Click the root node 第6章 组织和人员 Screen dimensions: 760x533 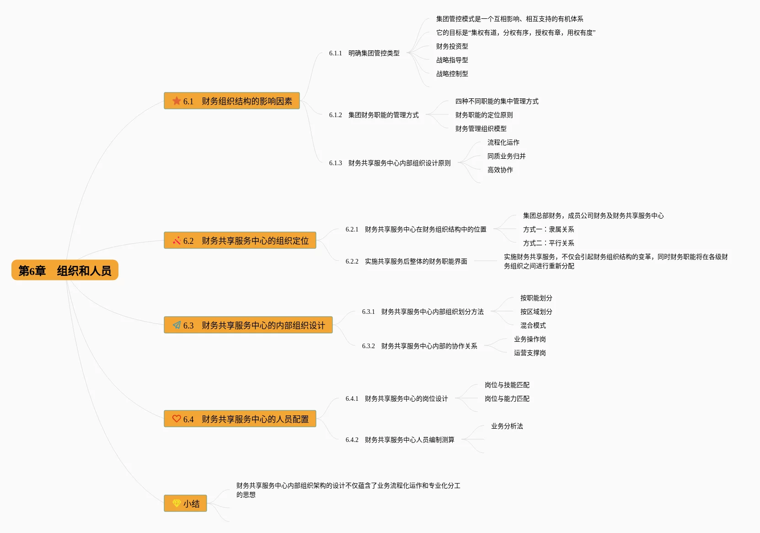click(65, 270)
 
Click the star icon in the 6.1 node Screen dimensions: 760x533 click(177, 101)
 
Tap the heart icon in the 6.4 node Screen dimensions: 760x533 click(177, 419)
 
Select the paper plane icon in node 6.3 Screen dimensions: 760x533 click(177, 325)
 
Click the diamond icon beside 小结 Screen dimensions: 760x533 click(177, 503)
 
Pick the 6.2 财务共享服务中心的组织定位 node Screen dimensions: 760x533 click(240, 241)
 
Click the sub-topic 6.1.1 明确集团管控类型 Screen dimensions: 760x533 click(364, 53)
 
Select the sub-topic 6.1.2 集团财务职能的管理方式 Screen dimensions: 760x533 click(374, 115)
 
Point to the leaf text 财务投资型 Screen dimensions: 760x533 click(452, 46)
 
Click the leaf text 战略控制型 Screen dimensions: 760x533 click(452, 74)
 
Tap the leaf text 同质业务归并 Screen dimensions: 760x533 click(506, 156)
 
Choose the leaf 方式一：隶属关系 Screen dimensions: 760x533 click(548, 229)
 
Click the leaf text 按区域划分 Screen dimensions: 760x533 click(536, 312)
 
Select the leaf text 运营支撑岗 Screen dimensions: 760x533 click(530, 353)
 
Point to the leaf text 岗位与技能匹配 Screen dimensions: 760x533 click(507, 385)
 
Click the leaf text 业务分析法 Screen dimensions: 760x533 click(507, 426)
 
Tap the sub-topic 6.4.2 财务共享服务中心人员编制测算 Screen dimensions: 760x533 click(400, 440)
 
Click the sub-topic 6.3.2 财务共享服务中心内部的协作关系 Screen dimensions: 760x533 click(419, 346)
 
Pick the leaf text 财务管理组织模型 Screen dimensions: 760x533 click(481, 129)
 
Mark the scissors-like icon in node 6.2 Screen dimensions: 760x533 click(177, 241)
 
